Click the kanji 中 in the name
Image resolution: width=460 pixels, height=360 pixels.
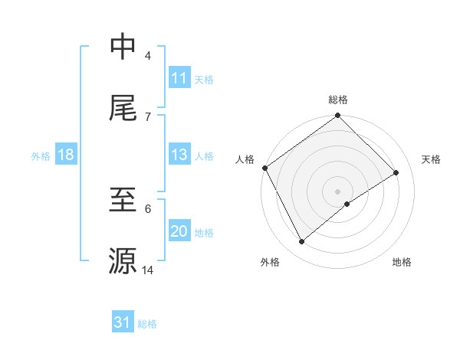[123, 47]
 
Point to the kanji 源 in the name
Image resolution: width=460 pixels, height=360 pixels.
[123, 260]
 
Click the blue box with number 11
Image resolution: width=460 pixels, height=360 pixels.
[179, 77]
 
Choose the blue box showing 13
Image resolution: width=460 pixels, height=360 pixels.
[179, 155]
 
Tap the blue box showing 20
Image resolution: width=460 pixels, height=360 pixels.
[179, 232]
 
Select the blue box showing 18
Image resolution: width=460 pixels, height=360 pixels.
[66, 155]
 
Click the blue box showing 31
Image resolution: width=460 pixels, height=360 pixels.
[123, 322]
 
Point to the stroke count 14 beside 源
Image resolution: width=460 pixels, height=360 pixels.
[148, 270]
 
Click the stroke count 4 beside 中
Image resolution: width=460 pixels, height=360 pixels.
[148, 56]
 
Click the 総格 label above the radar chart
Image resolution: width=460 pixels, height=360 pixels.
[338, 100]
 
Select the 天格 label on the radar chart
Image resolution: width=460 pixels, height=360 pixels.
[432, 159]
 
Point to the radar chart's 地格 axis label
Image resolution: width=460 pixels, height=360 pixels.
[402, 262]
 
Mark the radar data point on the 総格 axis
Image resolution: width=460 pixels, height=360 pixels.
[338, 116]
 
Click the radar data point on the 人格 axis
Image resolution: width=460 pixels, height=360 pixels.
[265, 168]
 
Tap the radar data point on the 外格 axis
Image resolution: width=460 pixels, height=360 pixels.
[302, 242]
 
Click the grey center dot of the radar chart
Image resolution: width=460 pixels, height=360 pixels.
[338, 191]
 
